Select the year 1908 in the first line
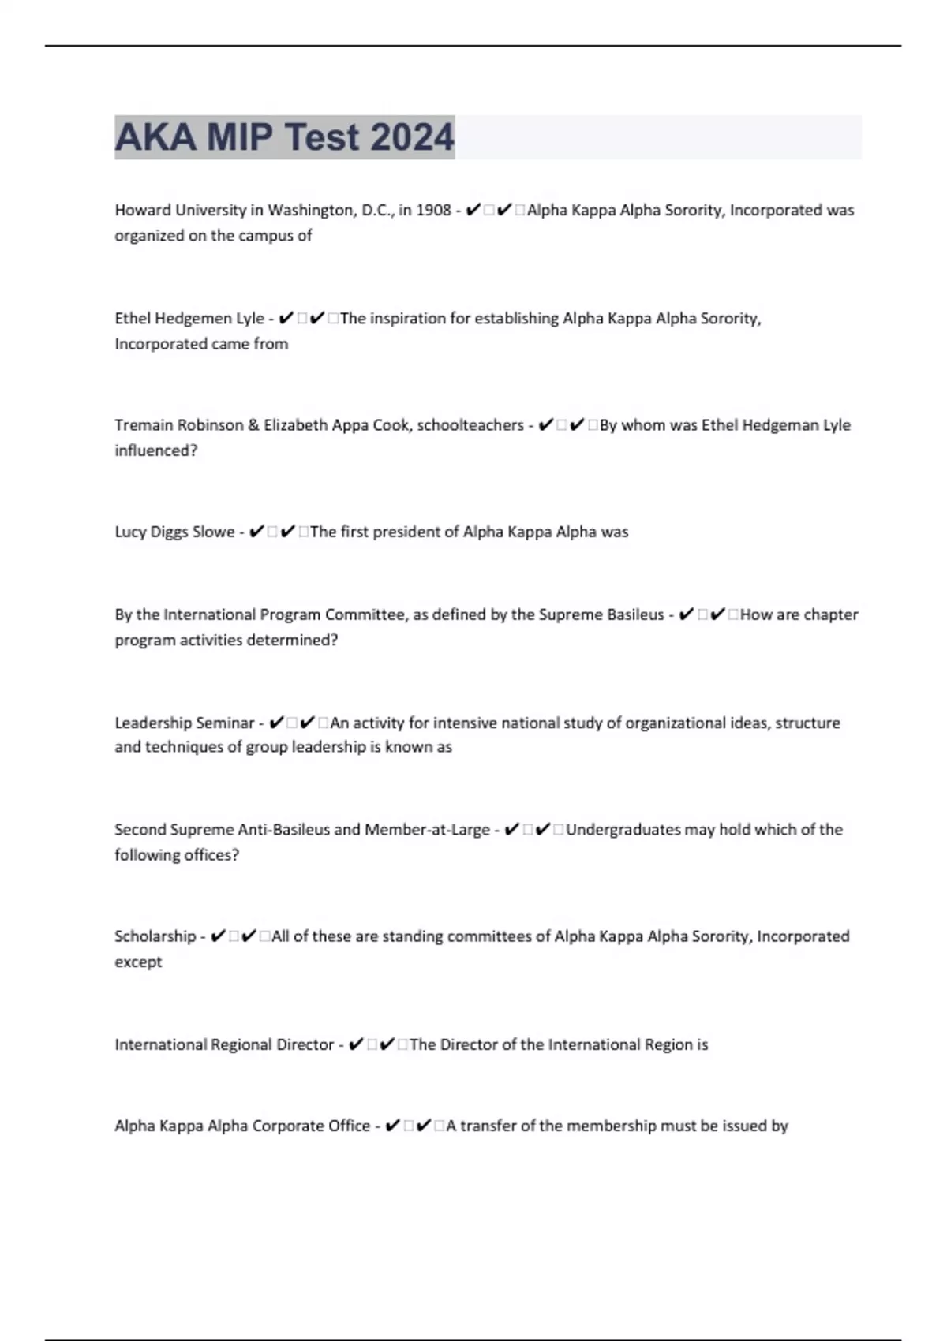pos(433,210)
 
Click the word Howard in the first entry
pos(142,210)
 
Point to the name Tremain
pos(143,425)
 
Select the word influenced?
pos(155,450)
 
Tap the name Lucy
pos(130,532)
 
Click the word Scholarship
pos(155,936)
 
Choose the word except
pos(138,962)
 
